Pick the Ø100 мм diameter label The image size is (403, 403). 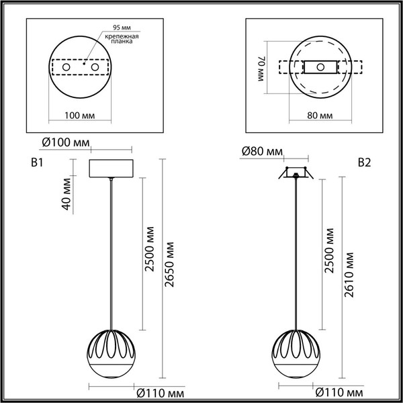[65, 142]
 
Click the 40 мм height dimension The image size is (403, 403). [66, 193]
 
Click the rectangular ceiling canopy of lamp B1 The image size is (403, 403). [111, 169]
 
